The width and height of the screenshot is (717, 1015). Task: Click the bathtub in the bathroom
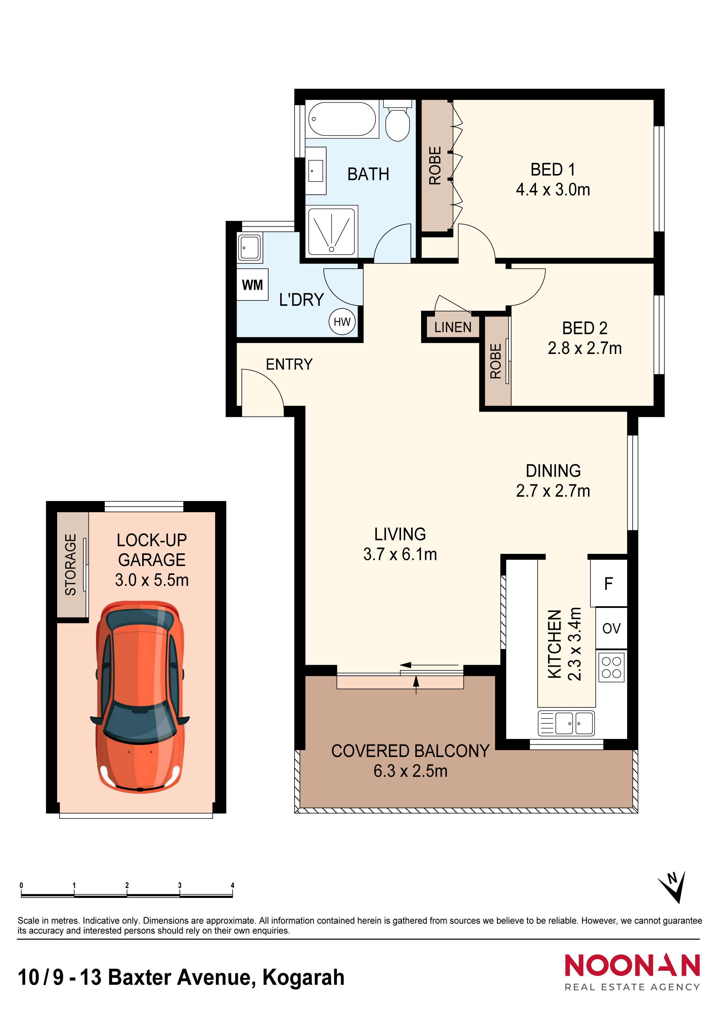pyautogui.click(x=342, y=119)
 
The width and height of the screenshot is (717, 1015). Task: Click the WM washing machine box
pyautogui.click(x=252, y=285)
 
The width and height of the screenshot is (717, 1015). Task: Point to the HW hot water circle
pyautogui.click(x=342, y=322)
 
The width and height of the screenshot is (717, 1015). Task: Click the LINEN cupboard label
pyautogui.click(x=453, y=327)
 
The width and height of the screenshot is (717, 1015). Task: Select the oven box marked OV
pyautogui.click(x=612, y=628)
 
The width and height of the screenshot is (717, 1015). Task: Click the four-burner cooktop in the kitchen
pyautogui.click(x=612, y=667)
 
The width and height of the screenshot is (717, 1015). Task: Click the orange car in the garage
pyautogui.click(x=140, y=697)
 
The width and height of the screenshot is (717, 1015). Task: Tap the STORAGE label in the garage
pyautogui.click(x=71, y=565)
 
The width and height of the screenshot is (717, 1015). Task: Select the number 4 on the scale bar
pyautogui.click(x=232, y=885)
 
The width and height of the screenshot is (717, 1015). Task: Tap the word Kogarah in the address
pyautogui.click(x=303, y=978)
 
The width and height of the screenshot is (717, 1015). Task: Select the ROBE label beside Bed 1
pyautogui.click(x=435, y=165)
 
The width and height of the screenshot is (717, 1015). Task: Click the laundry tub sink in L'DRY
pyautogui.click(x=250, y=247)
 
